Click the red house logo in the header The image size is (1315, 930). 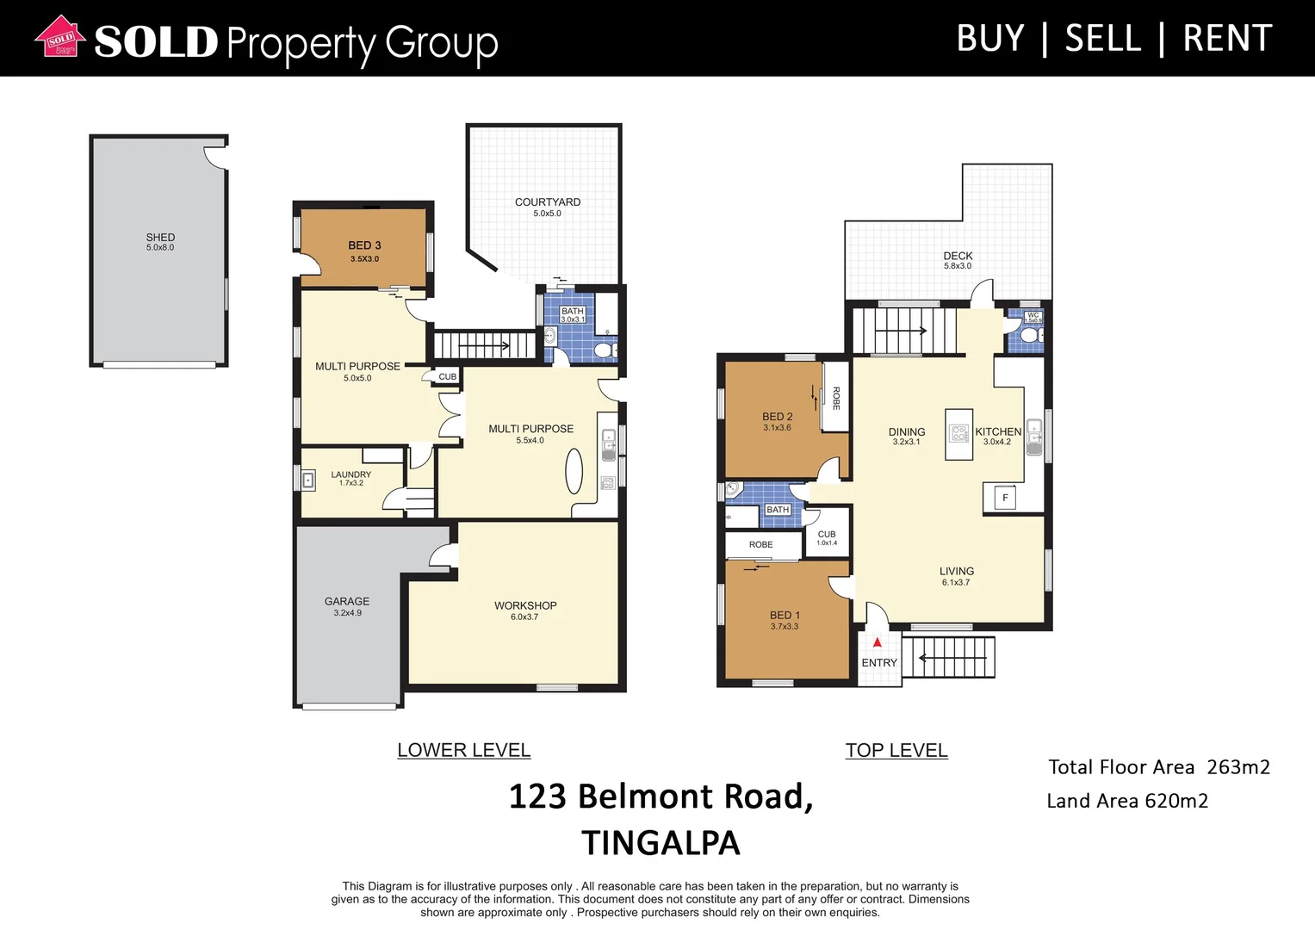point(60,38)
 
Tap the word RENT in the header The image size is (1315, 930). point(1227,39)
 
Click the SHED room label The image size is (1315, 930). point(160,237)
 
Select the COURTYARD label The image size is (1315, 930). point(548,202)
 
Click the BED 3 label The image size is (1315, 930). point(364,245)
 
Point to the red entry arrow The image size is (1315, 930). point(877,642)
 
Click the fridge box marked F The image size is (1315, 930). point(1004,498)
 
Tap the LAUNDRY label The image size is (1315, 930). point(351,474)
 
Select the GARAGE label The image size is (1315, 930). point(347,601)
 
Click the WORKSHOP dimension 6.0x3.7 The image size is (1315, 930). point(524,617)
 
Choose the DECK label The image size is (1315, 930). point(958,256)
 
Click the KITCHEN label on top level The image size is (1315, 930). point(998,431)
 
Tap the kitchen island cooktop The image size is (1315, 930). point(958,433)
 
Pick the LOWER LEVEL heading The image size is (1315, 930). point(463,750)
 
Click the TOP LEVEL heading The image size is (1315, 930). point(896,750)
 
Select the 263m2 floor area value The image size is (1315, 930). point(1237,767)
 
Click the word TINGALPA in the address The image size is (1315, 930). point(661,843)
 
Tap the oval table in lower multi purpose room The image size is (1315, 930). point(574,472)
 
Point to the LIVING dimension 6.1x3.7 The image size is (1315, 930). point(956,583)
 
